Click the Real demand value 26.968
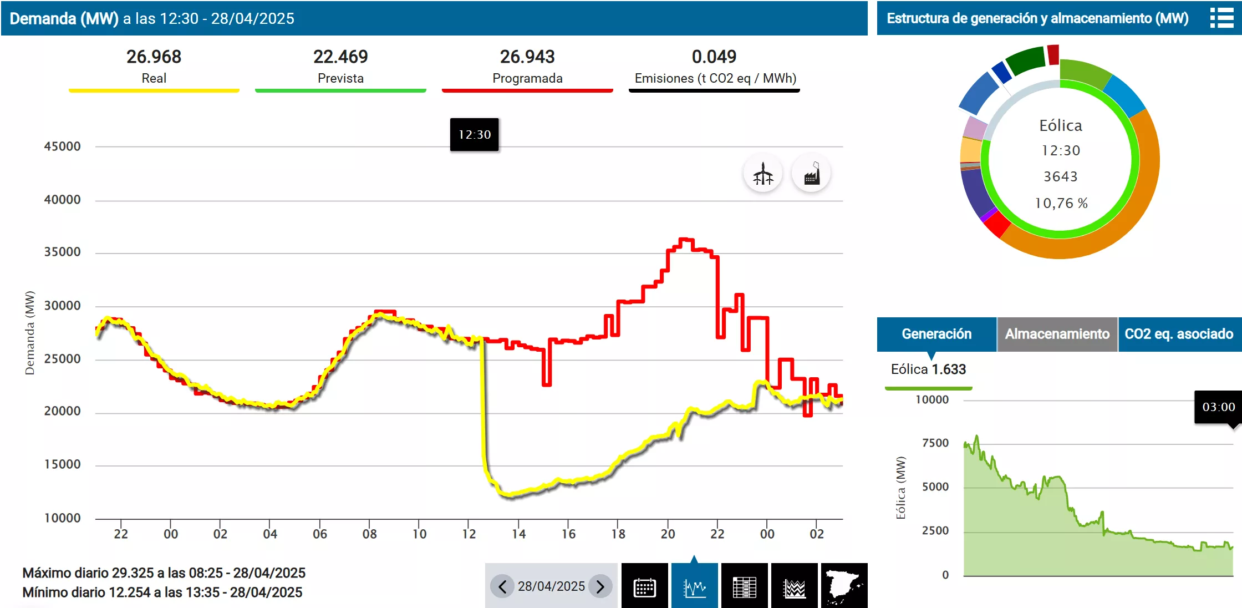pos(154,57)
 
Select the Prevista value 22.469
pos(340,57)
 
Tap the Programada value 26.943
pos(527,57)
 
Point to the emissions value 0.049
pos(714,57)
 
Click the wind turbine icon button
pos(763,174)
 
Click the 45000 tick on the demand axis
pos(62,146)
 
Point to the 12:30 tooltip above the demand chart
pos(474,134)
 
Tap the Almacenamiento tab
pos(1057,334)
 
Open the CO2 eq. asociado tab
pos(1179,334)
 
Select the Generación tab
pos(936,334)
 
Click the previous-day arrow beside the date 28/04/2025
pos(502,586)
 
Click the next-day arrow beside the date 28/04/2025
pos(600,586)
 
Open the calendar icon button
pos(644,586)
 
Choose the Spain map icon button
pos(844,586)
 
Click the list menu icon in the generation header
pos(1221,18)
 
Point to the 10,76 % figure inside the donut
pos(1061,203)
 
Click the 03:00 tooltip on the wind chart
pos(1218,407)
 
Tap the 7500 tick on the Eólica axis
pos(935,443)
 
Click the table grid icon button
pos(744,586)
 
